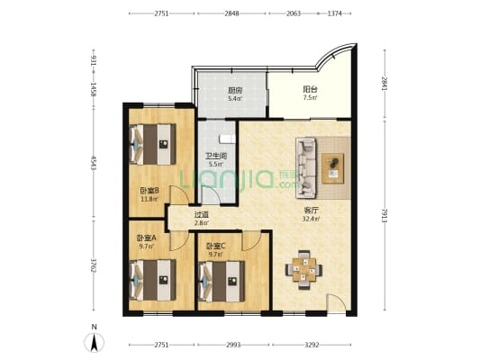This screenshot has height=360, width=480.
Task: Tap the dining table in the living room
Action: coord(303,270)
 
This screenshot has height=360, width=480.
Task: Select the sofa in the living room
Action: coord(305,167)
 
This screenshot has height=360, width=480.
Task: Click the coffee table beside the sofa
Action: coord(332,168)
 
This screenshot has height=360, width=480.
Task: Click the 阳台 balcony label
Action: coord(310,89)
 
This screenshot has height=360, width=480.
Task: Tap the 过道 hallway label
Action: coord(202,215)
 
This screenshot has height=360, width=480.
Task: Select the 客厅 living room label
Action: coord(311,211)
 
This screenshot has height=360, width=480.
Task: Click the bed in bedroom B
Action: coord(153,144)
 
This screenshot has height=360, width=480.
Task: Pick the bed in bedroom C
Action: coord(222,281)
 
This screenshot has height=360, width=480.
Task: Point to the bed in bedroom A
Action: coord(153,280)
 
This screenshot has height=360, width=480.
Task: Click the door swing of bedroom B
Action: coord(180,194)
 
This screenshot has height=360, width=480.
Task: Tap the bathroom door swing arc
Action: coord(212,193)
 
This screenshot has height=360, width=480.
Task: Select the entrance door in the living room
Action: coord(336,303)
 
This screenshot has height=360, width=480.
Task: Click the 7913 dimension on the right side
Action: coord(385,215)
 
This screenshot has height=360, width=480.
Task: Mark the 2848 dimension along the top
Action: coord(231,13)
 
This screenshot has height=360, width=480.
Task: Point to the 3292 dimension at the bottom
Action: coord(312,345)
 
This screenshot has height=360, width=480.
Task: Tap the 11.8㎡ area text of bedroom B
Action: coord(149,200)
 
